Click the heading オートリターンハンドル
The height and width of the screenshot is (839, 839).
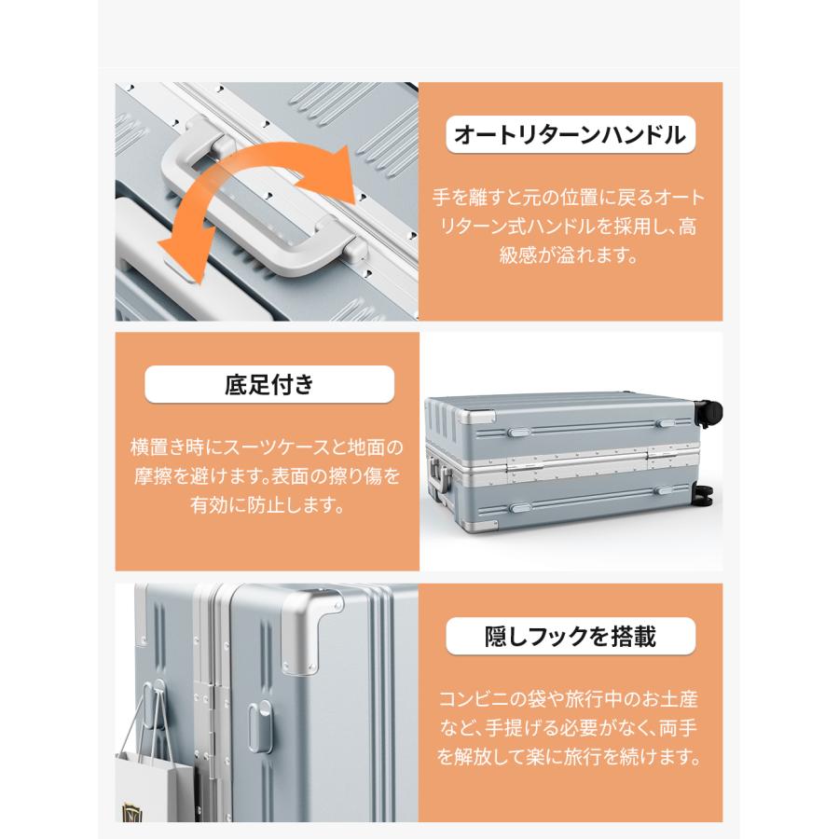pyautogui.click(x=569, y=136)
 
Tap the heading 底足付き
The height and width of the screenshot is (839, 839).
pyautogui.click(x=269, y=384)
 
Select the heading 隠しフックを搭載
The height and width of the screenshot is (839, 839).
pyautogui.click(x=571, y=637)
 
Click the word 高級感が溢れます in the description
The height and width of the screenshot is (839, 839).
pyautogui.click(x=569, y=254)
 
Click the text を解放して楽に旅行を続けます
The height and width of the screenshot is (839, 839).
pyautogui.click(x=569, y=755)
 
